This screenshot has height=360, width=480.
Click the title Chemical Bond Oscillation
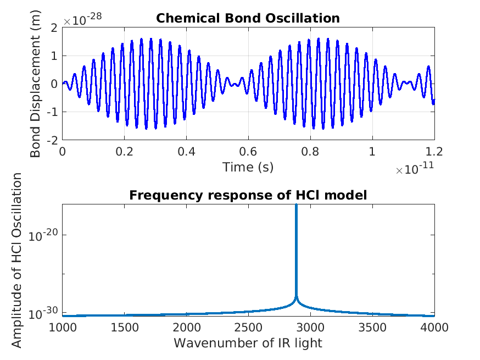pos(248,18)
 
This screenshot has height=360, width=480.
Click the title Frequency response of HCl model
pos(248,195)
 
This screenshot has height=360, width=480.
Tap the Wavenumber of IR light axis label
pos(248,344)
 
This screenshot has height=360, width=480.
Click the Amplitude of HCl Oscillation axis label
pos(17,260)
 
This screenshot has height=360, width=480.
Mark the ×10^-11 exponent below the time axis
pos(415,170)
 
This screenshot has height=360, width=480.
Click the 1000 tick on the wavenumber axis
pos(63,328)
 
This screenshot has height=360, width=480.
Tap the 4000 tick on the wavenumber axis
pos(434,328)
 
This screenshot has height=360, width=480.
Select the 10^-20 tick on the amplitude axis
pos(46,235)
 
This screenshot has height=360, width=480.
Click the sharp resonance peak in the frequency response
pos(297,206)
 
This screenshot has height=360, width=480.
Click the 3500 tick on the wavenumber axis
pos(372,328)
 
